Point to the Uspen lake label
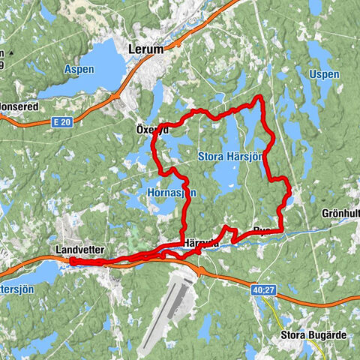coord(323,75)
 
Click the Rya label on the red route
coord(262,230)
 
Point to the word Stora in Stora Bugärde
coord(291,335)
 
